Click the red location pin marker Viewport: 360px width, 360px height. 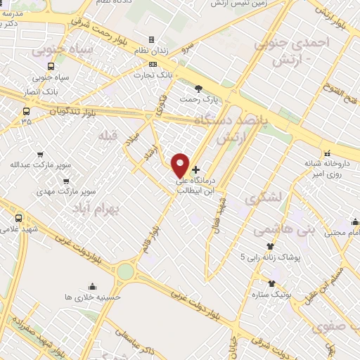click(181, 165)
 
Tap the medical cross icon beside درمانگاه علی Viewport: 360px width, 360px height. click(195, 169)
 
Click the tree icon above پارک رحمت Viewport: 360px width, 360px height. click(198, 88)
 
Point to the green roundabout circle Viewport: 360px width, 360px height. click(125, 271)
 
